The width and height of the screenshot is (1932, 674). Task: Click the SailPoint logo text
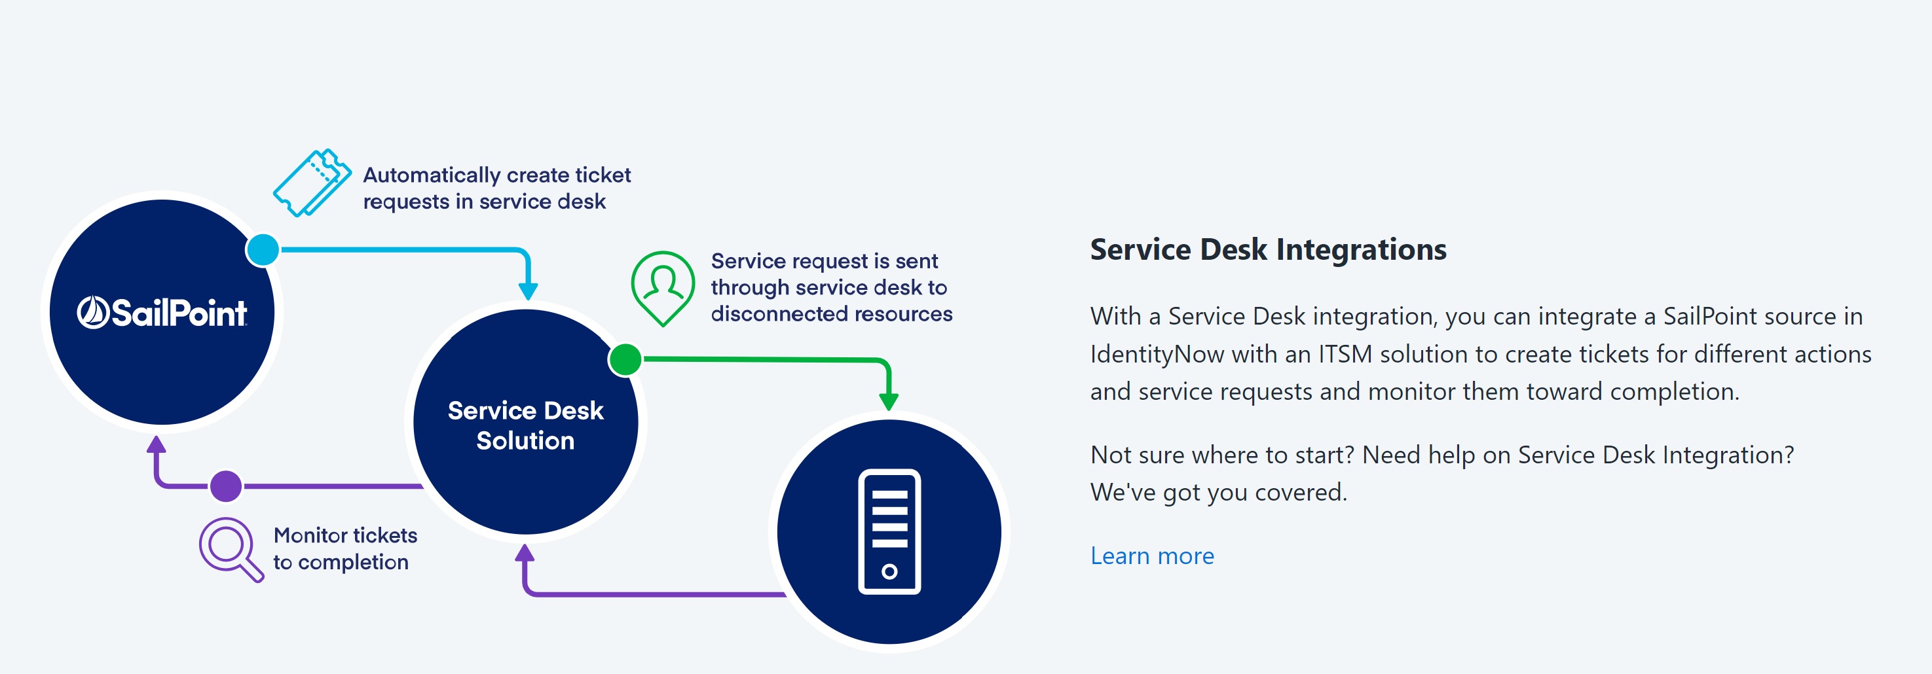click(x=162, y=313)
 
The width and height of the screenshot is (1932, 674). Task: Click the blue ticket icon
click(x=312, y=183)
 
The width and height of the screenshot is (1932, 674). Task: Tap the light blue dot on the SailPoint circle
click(x=263, y=250)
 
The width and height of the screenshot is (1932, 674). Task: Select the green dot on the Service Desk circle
click(x=625, y=359)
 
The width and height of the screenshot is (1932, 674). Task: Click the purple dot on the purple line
click(x=226, y=486)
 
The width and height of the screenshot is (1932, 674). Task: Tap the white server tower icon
click(x=889, y=531)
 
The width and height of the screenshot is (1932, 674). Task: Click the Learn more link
click(x=1152, y=556)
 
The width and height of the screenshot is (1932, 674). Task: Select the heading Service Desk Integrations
click(x=1269, y=249)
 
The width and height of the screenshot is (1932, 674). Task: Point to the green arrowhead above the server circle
click(x=889, y=400)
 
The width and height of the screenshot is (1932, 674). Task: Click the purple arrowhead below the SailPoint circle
click(x=156, y=444)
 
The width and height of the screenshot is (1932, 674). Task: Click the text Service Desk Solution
click(x=526, y=425)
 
